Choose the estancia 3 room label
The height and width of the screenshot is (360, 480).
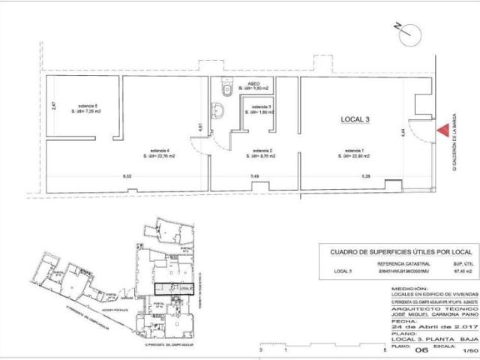[261, 109]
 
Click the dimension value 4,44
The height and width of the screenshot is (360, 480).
[403, 132]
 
